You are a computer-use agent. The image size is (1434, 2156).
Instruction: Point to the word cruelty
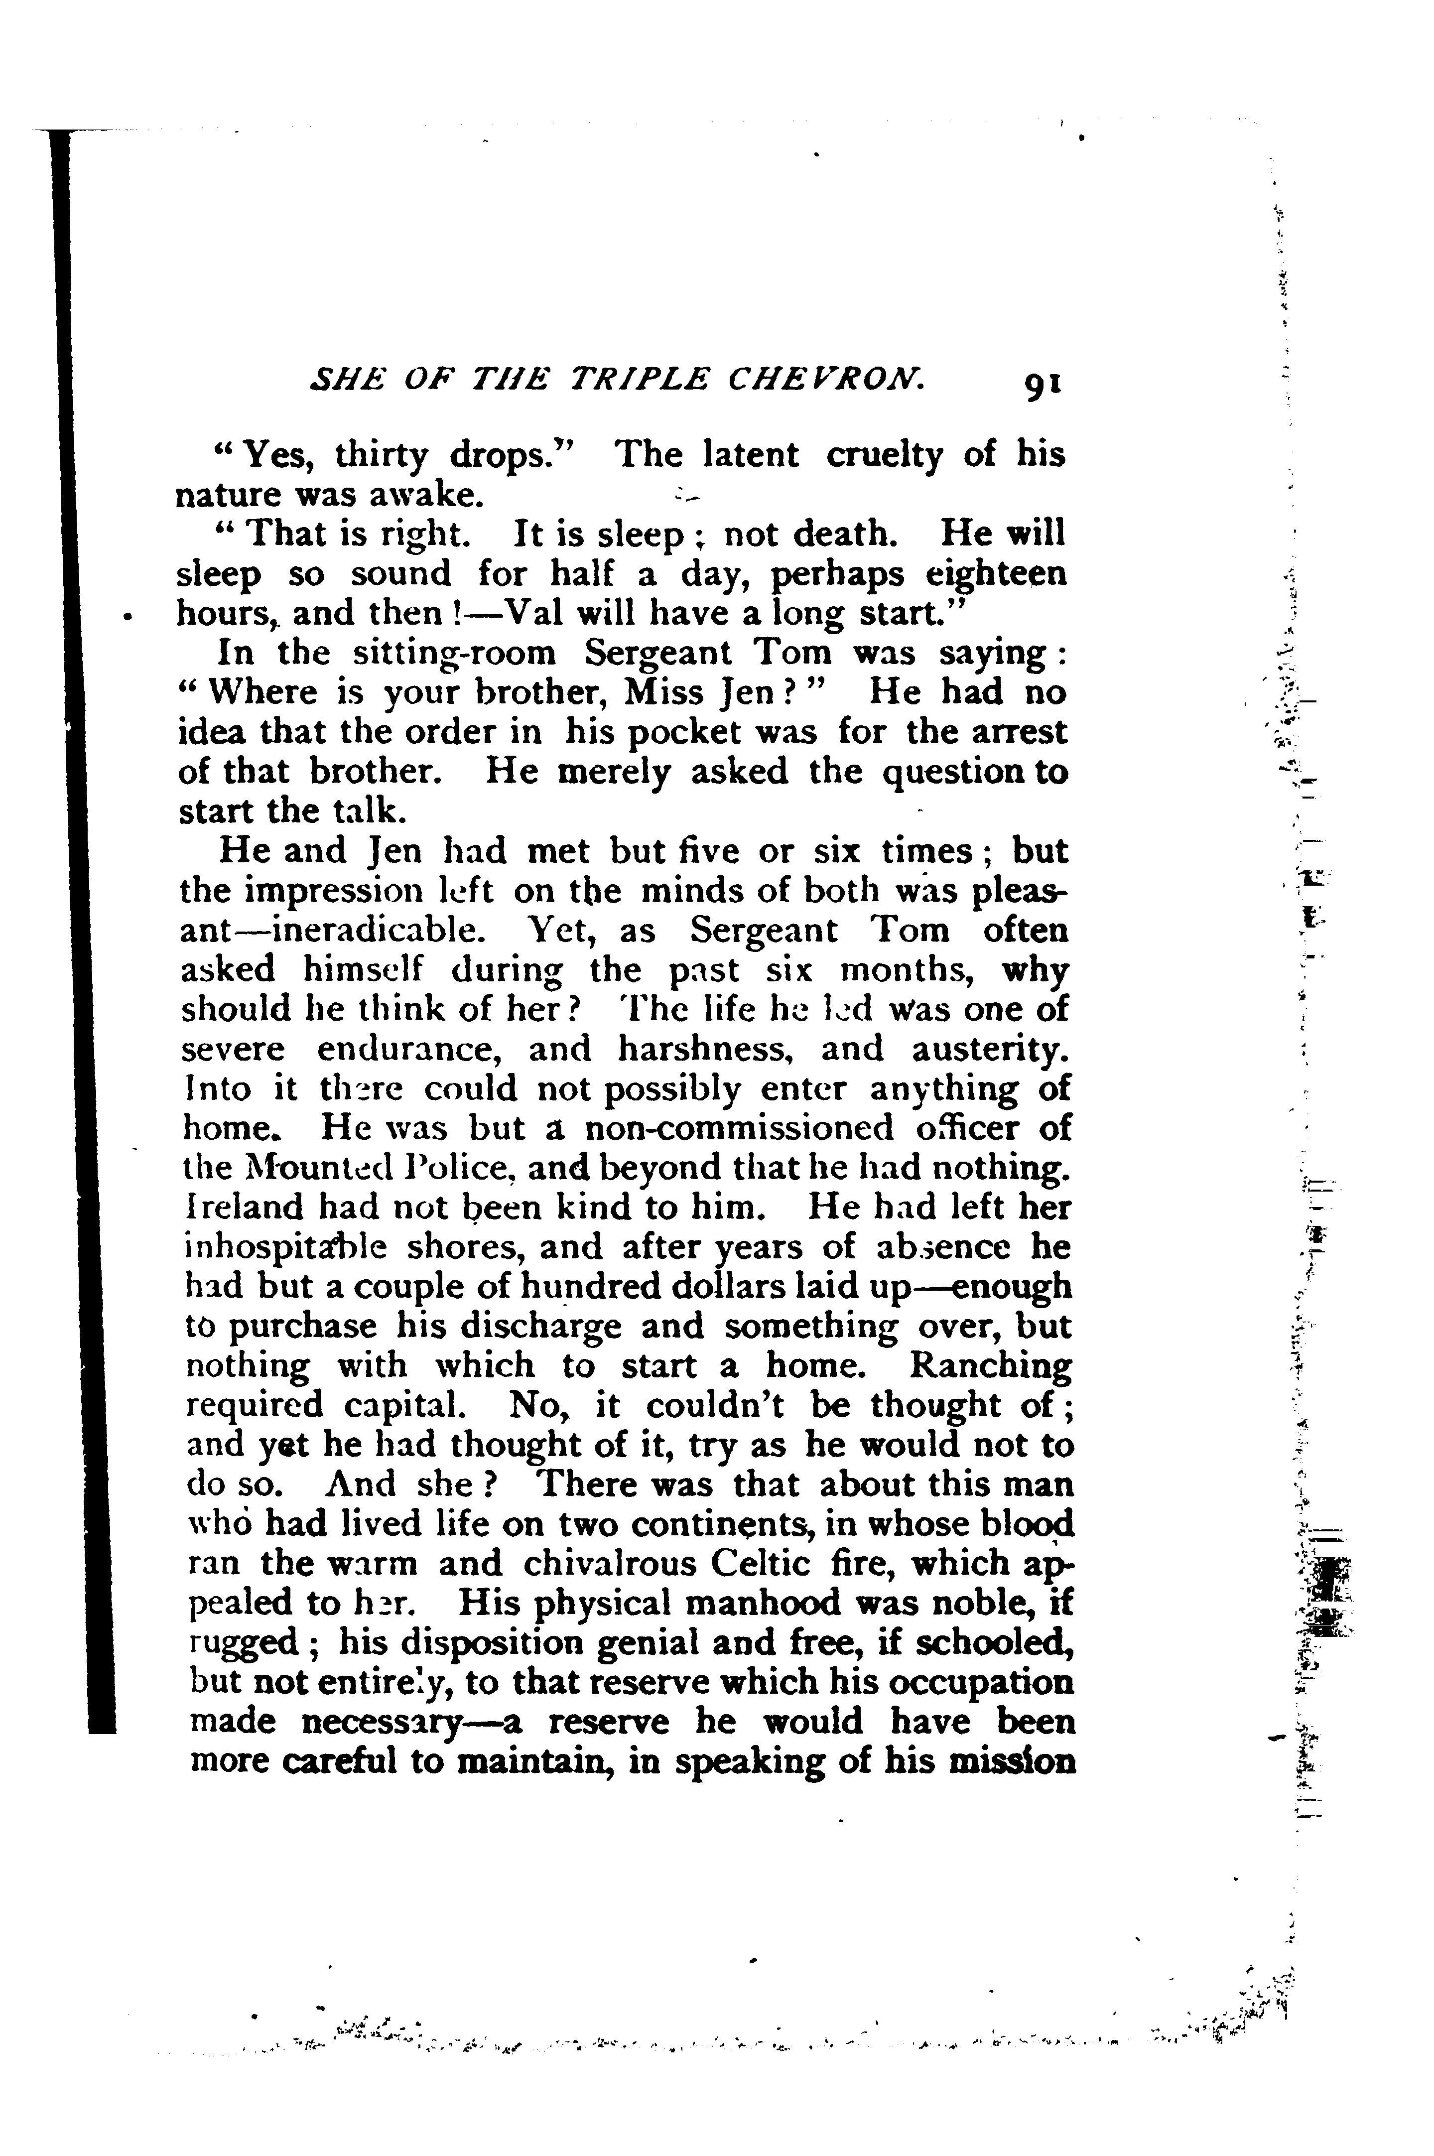point(884,455)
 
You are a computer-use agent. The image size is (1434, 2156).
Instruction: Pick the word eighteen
point(996,574)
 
